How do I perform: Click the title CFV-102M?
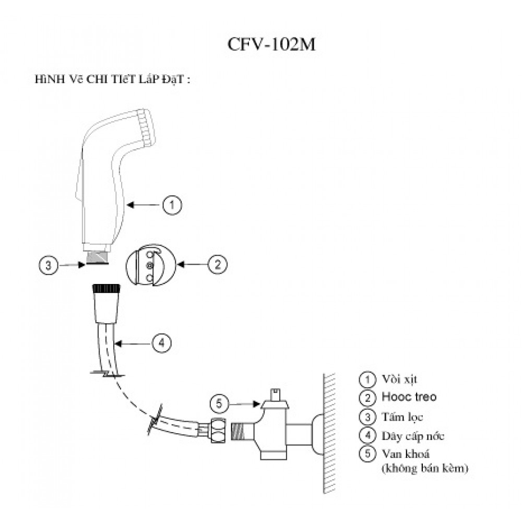tap(271, 45)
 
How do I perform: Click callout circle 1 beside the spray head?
tap(172, 205)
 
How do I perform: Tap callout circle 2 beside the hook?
tap(218, 265)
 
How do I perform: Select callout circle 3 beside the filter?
tap(48, 266)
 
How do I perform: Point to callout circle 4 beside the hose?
tap(161, 343)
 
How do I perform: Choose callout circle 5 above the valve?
tap(219, 404)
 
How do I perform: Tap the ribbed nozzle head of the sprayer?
tap(146, 126)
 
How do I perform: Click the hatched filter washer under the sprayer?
tap(98, 257)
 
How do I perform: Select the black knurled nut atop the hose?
tap(106, 288)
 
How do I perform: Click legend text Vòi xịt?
tap(399, 378)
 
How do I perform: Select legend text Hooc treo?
tap(409, 397)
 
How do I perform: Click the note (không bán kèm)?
tap(424, 468)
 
